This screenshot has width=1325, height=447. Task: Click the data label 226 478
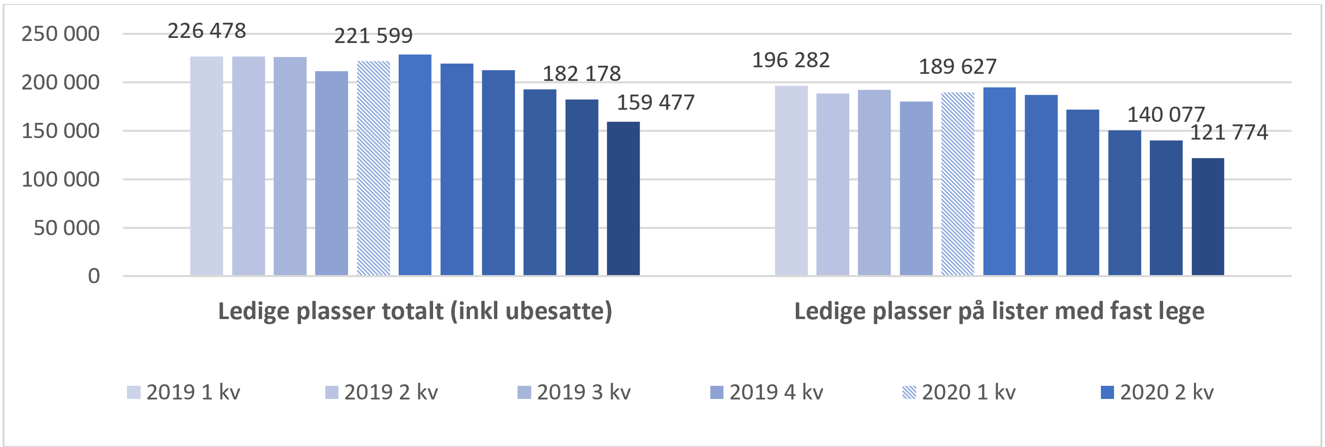pyautogui.click(x=207, y=31)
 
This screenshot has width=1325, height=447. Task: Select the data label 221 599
pyautogui.click(x=373, y=36)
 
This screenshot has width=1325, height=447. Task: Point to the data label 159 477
pyautogui.click(x=655, y=103)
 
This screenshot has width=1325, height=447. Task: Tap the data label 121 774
pyautogui.click(x=1229, y=132)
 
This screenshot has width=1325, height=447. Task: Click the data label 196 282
pyautogui.click(x=791, y=61)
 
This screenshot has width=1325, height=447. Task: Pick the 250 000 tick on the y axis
pyautogui.click(x=60, y=34)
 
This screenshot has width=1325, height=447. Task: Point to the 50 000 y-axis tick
pyautogui.click(x=66, y=228)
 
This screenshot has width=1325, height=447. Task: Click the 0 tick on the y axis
pyautogui.click(x=94, y=276)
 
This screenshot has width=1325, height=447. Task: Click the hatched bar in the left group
pyautogui.click(x=373, y=168)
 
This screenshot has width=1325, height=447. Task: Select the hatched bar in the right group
pyautogui.click(x=958, y=184)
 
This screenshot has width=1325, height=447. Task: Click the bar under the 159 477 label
pyautogui.click(x=623, y=199)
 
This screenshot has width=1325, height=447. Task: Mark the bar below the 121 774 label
pyautogui.click(x=1208, y=216)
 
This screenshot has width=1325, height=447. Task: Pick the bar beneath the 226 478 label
pyautogui.click(x=207, y=166)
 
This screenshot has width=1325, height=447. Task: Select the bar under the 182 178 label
pyautogui.click(x=582, y=187)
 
